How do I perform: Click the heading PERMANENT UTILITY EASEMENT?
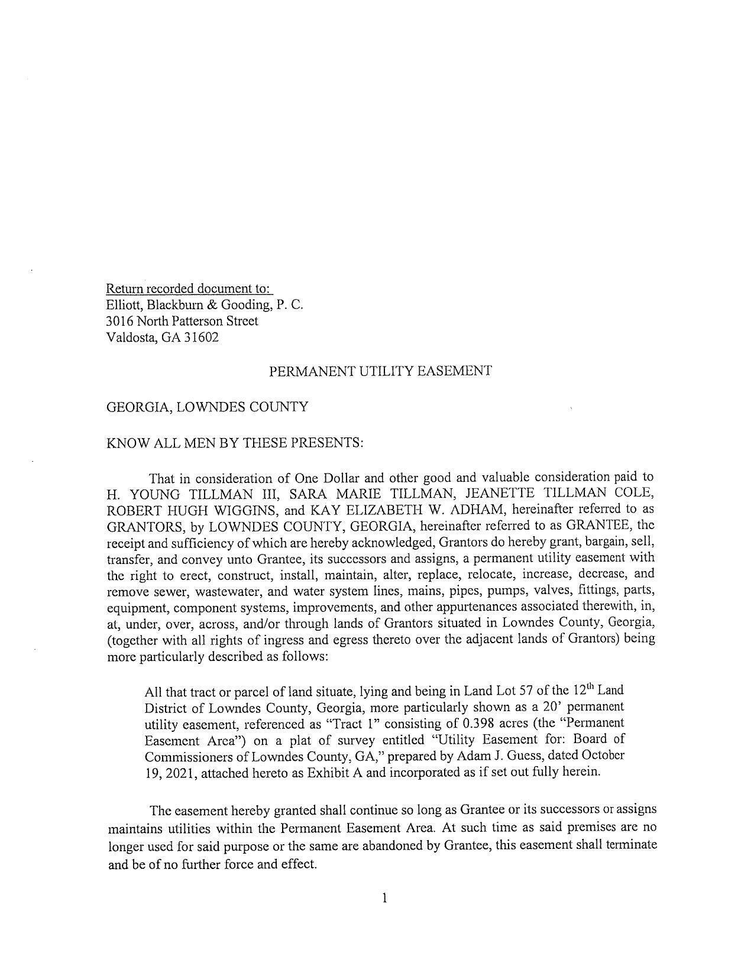380,371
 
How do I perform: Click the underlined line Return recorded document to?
189,288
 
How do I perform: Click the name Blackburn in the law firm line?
175,305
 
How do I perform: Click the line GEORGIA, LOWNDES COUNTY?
207,407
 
